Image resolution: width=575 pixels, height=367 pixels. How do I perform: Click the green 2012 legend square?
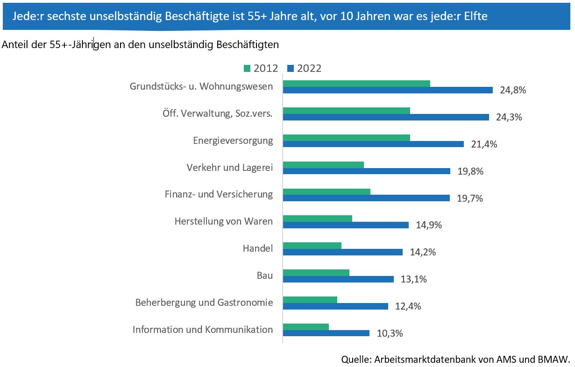click(247, 69)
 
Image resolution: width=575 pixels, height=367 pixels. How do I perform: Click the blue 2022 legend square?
click(290, 69)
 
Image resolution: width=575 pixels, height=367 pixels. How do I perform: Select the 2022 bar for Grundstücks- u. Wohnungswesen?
click(388, 90)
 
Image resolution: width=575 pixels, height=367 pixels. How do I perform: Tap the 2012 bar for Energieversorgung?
click(346, 138)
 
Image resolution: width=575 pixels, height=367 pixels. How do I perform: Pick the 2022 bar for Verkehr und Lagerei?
click(366, 171)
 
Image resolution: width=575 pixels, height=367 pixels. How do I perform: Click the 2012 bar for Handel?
click(312, 246)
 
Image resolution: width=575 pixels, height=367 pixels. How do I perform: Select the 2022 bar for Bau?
click(338, 279)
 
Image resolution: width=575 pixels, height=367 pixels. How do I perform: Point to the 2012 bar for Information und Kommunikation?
click(305, 327)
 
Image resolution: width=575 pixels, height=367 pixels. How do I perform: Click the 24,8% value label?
click(513, 90)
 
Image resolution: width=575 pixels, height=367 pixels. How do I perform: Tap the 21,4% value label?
click(484, 144)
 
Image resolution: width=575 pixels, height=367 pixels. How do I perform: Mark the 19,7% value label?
click(469, 198)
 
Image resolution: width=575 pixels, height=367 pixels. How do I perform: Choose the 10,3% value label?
click(390, 333)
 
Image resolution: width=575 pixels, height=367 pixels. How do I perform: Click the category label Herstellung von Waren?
click(223, 221)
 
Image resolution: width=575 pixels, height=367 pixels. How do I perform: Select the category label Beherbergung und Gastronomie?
click(204, 303)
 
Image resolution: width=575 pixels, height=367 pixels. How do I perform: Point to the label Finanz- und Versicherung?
click(219, 194)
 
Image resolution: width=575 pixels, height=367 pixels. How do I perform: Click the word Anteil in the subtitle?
click(14, 45)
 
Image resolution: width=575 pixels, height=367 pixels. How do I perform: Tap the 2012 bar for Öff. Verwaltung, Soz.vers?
click(346, 111)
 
